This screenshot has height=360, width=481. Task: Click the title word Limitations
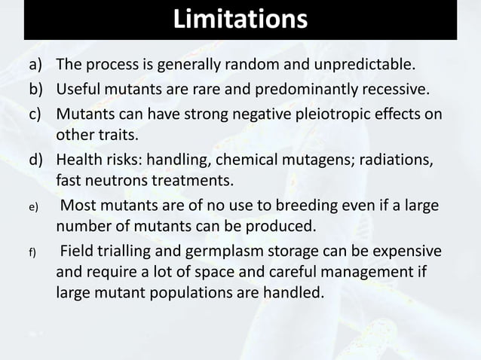tap(240, 20)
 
